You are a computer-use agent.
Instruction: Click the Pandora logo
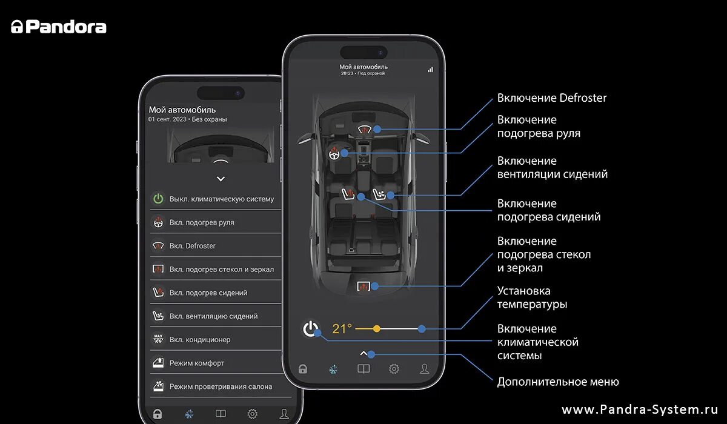point(59,27)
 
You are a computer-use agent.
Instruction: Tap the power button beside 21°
point(311,329)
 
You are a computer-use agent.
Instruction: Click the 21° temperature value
point(342,329)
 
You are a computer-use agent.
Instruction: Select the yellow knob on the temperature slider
point(377,329)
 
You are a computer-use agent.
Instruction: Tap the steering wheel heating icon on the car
point(333,154)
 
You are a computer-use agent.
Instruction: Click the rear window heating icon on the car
point(364,286)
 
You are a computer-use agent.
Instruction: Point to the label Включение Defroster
point(551,98)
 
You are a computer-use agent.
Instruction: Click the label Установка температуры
point(533,297)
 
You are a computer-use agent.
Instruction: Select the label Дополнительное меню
point(557,382)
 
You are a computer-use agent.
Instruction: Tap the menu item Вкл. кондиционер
point(200,340)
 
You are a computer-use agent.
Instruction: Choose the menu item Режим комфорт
point(197,363)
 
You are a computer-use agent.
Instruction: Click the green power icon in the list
point(158,199)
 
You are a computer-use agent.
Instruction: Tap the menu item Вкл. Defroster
point(193,246)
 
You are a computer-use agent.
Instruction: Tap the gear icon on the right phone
point(394,369)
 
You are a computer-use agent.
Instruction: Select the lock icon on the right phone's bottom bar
point(303,369)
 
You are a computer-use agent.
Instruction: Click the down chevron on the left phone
point(221,179)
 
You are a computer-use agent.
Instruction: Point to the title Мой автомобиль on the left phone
point(182,110)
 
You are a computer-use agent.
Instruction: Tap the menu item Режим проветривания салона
point(221,386)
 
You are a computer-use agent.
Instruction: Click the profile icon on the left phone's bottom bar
point(284,414)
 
